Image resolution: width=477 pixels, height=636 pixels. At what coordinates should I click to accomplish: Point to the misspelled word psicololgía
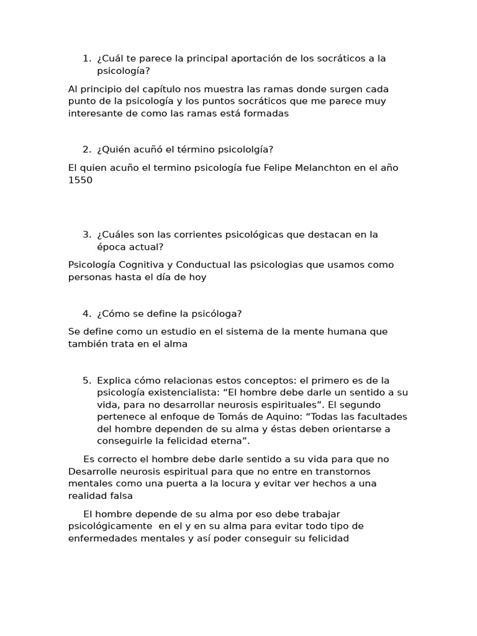tap(244, 149)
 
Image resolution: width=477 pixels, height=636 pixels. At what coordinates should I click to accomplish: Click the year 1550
tap(80, 180)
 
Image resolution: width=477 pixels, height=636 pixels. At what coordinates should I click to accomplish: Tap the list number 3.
tap(86, 234)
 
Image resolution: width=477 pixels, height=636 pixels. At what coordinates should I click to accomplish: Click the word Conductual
tap(202, 265)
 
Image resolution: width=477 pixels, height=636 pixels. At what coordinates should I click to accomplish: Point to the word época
tap(111, 247)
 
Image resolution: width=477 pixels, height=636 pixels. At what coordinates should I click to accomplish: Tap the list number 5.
tap(86, 380)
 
